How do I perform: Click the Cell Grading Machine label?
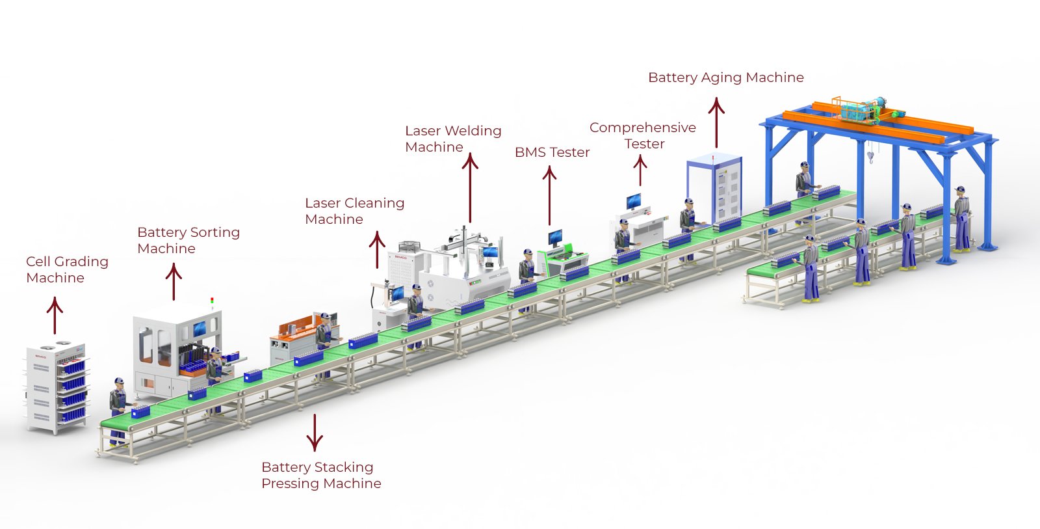[66, 269]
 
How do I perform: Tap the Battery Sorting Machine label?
[188, 240]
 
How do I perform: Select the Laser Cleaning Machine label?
[354, 211]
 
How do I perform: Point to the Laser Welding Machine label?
[452, 139]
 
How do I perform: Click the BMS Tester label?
[552, 152]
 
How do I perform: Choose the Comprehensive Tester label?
[642, 135]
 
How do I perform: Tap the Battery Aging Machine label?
[725, 77]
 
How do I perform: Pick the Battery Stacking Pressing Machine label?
[320, 475]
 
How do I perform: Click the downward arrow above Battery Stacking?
[315, 433]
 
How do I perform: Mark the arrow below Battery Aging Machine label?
[716, 123]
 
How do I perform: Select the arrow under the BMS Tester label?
[549, 195]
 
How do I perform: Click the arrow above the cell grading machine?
[55, 316]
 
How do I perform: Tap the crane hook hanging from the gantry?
[870, 156]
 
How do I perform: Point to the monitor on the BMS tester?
[555, 237]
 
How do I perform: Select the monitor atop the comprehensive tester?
[633, 200]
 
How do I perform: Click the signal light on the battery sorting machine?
[212, 302]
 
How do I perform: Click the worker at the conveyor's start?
[118, 410]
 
